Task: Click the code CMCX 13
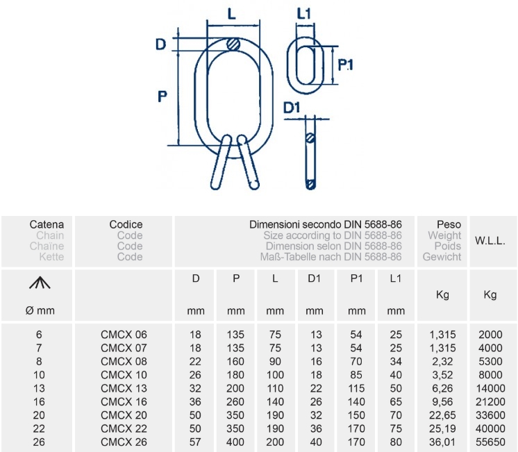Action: tap(124, 388)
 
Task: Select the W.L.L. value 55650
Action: tap(490, 442)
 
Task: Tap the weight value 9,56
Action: tap(442, 402)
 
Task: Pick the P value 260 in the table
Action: tap(235, 402)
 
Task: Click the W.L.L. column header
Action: tap(490, 240)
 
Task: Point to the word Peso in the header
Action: tap(449, 225)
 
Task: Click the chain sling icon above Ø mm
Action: tap(40, 283)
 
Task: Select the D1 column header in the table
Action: tap(314, 278)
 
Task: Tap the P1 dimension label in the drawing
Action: tap(346, 65)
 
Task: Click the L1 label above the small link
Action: tap(303, 14)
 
